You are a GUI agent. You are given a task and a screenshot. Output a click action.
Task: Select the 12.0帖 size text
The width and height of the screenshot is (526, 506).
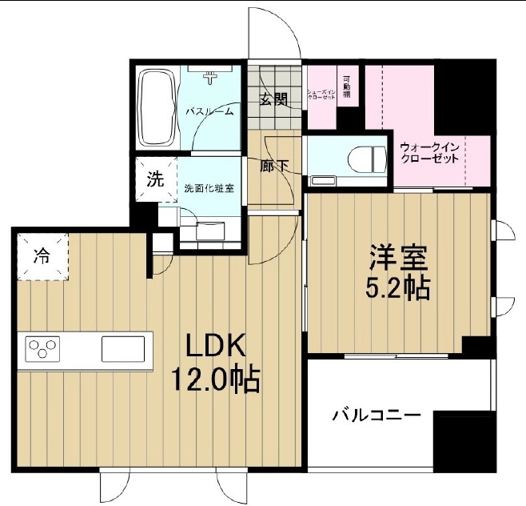tap(214, 379)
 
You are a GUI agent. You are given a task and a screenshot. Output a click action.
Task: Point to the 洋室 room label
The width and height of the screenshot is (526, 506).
tap(398, 258)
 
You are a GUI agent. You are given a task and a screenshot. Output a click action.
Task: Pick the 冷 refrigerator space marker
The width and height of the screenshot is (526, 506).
tap(41, 257)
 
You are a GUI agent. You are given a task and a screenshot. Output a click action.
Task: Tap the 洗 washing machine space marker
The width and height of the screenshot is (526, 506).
tap(153, 179)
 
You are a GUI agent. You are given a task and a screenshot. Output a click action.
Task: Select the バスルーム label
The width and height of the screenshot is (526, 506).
tap(209, 112)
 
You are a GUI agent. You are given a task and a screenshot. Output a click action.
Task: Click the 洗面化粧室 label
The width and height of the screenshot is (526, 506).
tap(209, 189)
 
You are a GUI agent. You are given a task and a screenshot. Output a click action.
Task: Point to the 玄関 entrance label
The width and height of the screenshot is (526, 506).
tap(273, 99)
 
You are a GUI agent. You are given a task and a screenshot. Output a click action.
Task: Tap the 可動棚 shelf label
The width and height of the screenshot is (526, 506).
tap(347, 86)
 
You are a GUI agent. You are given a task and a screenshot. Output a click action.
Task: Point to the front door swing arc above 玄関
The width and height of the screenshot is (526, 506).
tap(272, 32)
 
